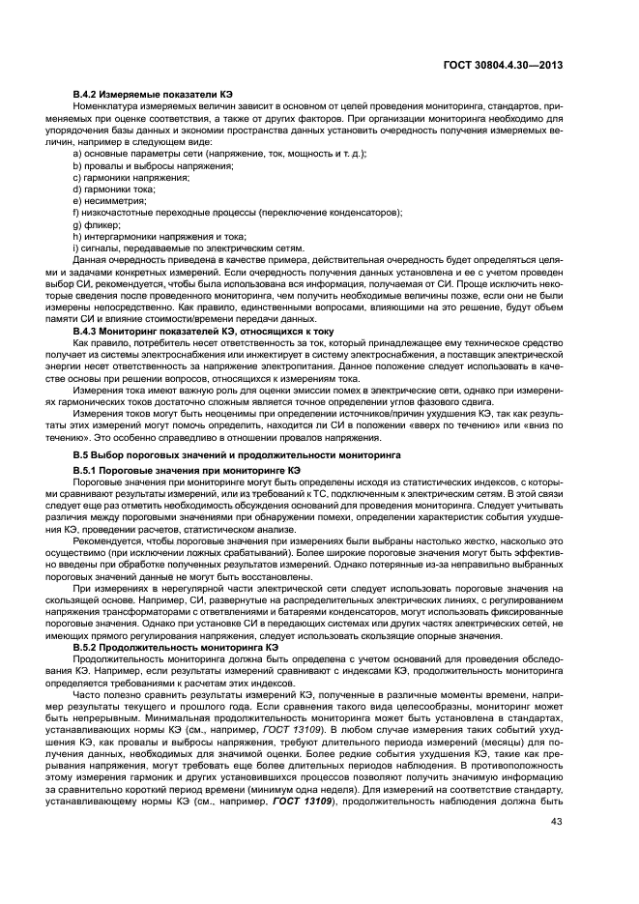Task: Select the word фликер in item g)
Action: [96, 224]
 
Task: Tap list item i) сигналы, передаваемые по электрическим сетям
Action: [189, 248]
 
